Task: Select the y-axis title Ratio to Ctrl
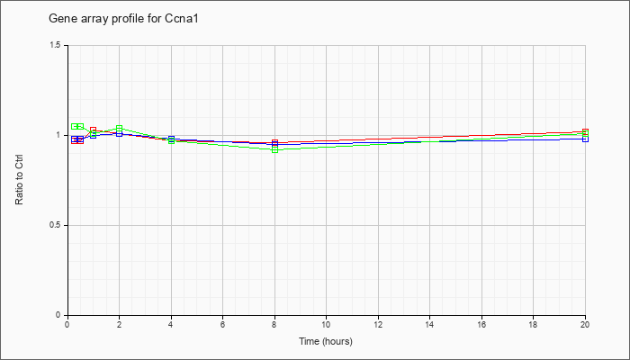[x=19, y=181]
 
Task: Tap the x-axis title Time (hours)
[x=326, y=341]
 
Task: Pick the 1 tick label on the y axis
[x=58, y=135]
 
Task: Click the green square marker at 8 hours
[x=274, y=150]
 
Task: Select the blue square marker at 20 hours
[x=585, y=139]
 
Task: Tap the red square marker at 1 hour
[x=94, y=130]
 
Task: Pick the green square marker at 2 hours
[x=120, y=129]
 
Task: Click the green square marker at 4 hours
[x=171, y=140]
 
